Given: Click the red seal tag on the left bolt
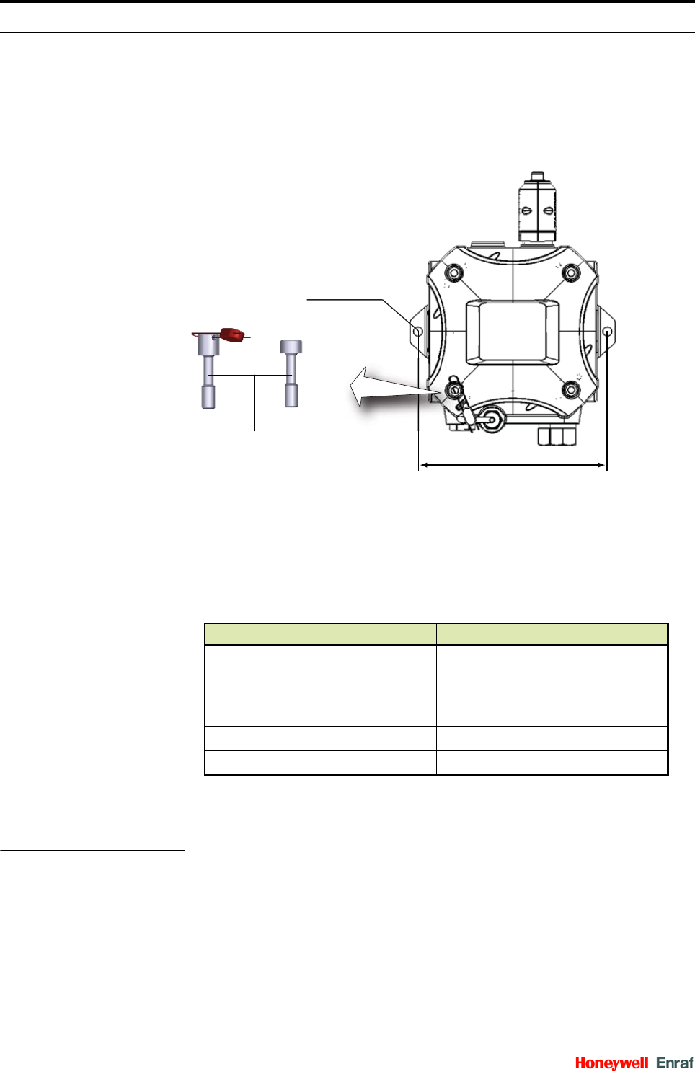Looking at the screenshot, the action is (x=233, y=334).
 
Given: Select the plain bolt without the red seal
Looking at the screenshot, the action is (x=291, y=373).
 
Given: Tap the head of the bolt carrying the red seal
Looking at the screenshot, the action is (x=208, y=345).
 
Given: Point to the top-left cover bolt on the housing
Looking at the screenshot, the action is (x=453, y=273).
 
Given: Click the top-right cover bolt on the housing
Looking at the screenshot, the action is (x=571, y=273).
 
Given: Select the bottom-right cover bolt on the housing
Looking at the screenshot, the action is (x=571, y=390).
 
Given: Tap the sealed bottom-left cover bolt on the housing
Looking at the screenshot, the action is (x=453, y=390).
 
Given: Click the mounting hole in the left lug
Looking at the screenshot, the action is (x=417, y=332).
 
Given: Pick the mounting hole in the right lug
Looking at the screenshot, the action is (x=608, y=332).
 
